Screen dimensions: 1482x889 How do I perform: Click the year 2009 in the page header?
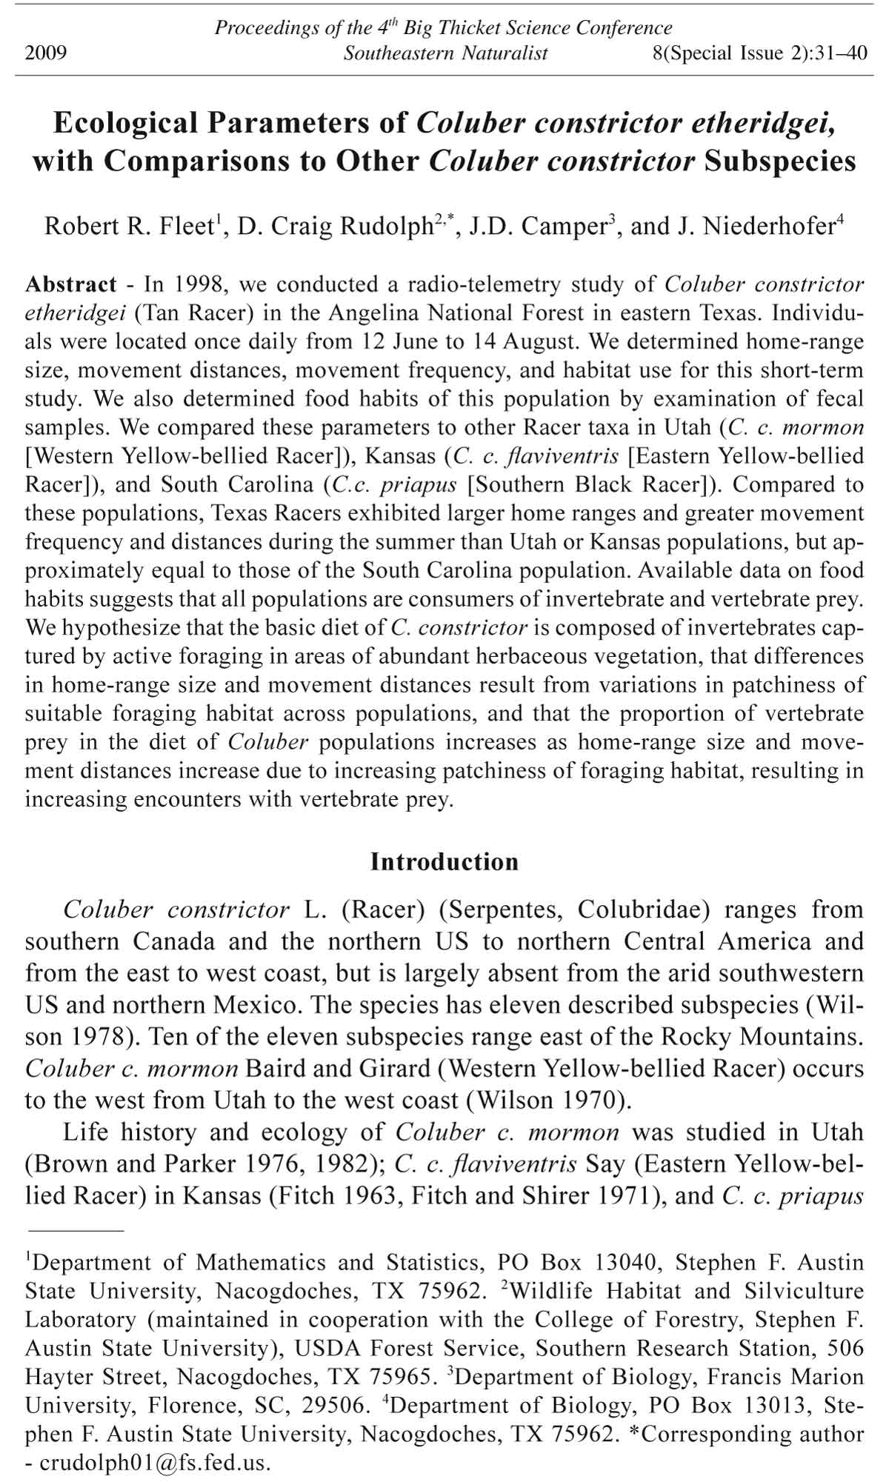pos(46,53)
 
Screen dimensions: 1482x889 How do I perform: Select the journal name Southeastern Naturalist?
pos(445,53)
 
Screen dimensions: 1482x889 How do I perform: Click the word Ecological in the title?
pos(125,122)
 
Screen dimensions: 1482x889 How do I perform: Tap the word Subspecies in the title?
pos(780,161)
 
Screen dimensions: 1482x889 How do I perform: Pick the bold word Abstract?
pos(70,284)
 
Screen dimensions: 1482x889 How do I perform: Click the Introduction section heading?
pos(444,862)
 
